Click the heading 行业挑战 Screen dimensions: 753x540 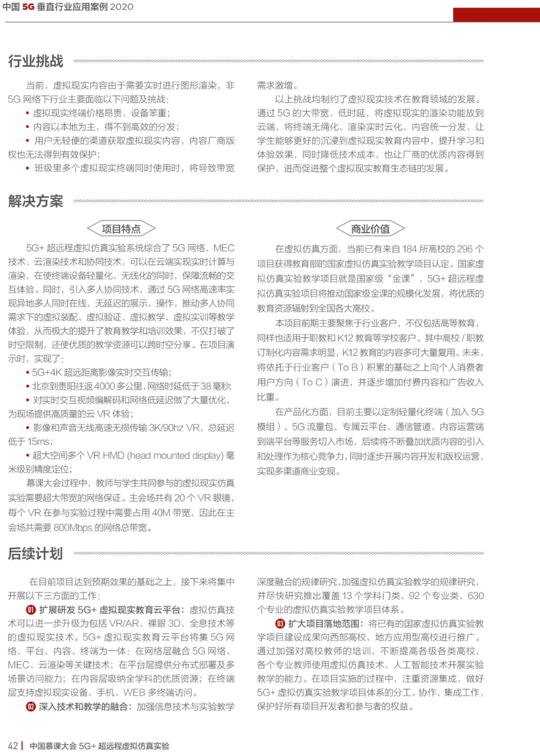pos(35,61)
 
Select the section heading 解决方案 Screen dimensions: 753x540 pos(35,201)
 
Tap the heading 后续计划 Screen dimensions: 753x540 pos(35,553)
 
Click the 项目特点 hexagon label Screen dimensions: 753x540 pos(121,229)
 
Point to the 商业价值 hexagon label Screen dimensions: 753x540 pos(370,229)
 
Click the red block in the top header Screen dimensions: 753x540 pos(496,14)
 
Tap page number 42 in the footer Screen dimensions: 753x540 pos(13,746)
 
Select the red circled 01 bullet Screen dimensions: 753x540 pos(31,610)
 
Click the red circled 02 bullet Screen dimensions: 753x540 pos(31,707)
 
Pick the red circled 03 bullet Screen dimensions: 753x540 pos(280,624)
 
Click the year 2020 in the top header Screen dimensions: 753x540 pos(121,7)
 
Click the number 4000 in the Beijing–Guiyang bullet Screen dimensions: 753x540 pos(104,386)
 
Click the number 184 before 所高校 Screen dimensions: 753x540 pos(409,249)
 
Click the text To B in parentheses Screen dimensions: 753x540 pos(347,368)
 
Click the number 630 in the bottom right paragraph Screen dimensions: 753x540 pos(475,596)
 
